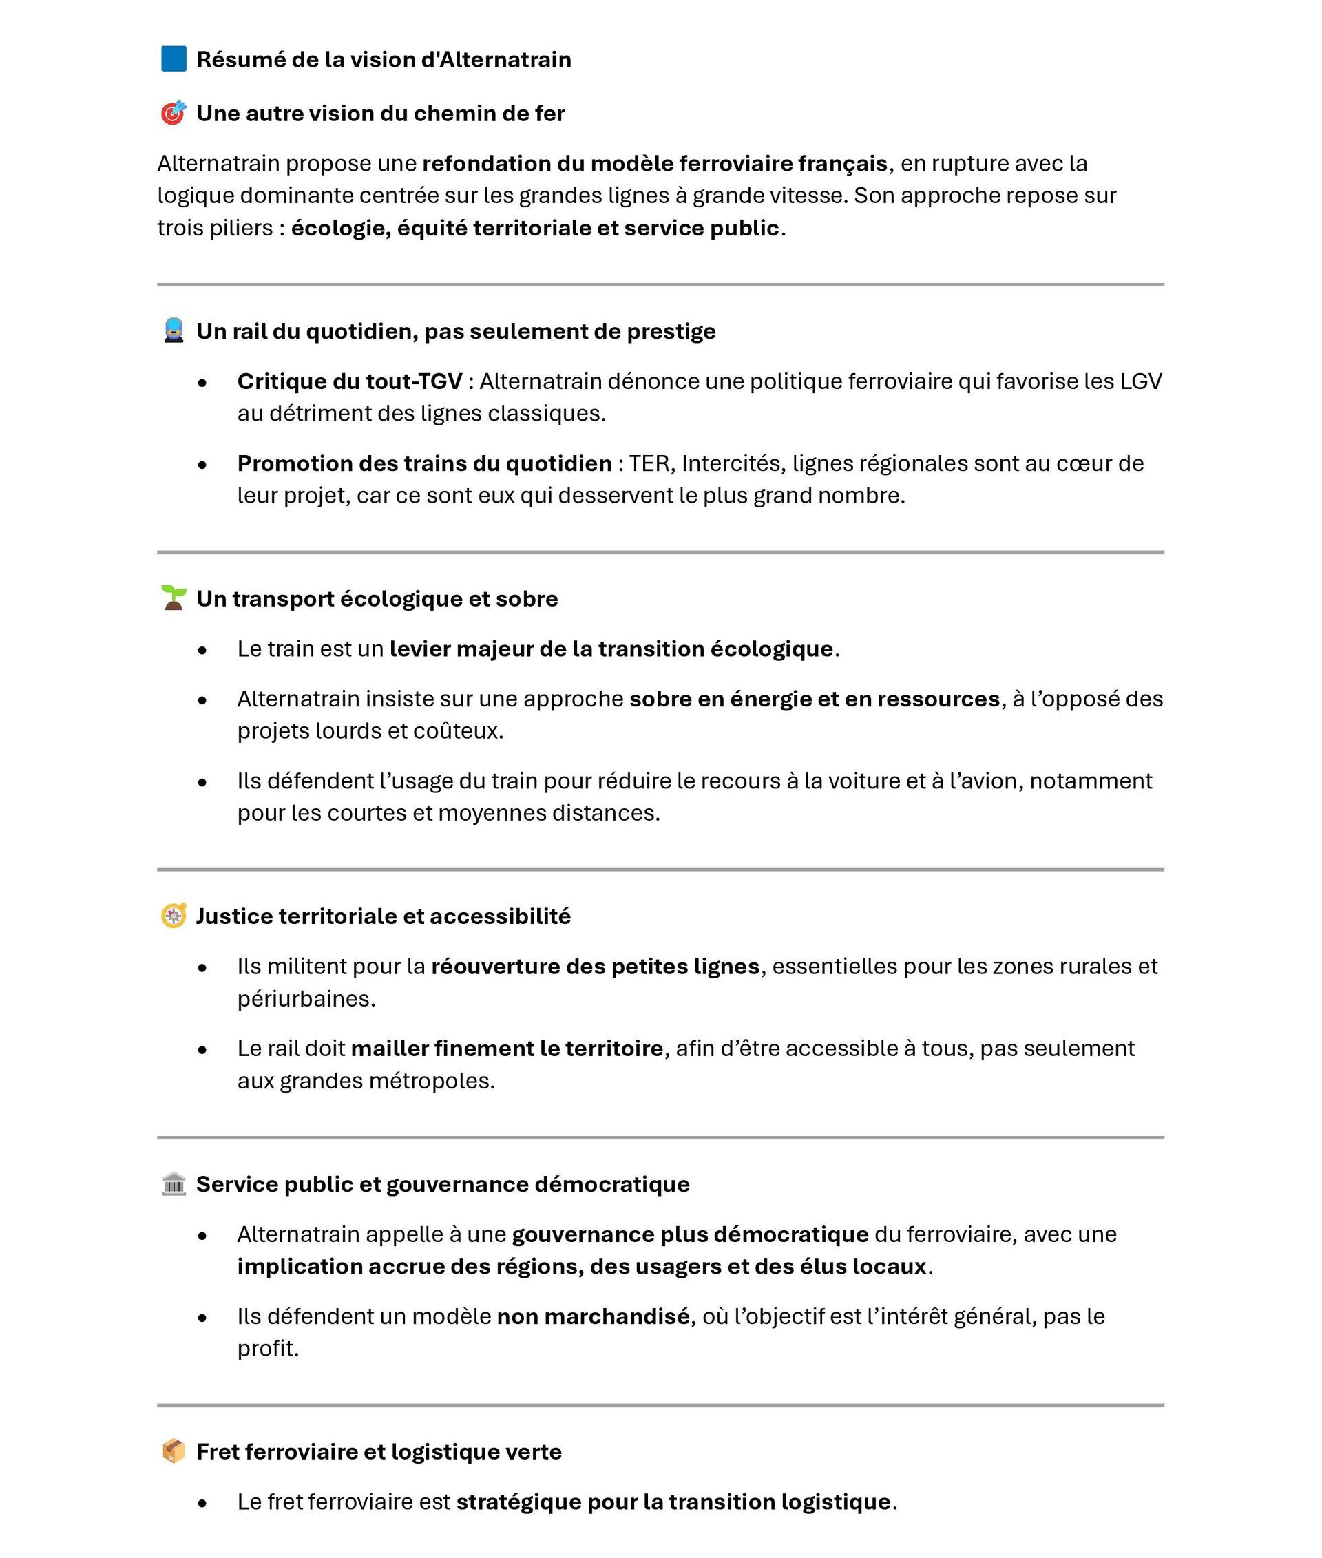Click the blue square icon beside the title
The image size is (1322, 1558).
click(174, 59)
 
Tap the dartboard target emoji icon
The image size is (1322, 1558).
click(173, 113)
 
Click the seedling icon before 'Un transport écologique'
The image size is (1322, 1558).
click(173, 598)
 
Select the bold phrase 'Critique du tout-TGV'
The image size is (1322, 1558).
click(349, 381)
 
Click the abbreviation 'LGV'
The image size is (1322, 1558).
click(1141, 381)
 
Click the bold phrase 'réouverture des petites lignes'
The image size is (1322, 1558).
click(595, 966)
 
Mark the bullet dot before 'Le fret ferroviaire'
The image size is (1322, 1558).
click(202, 1502)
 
